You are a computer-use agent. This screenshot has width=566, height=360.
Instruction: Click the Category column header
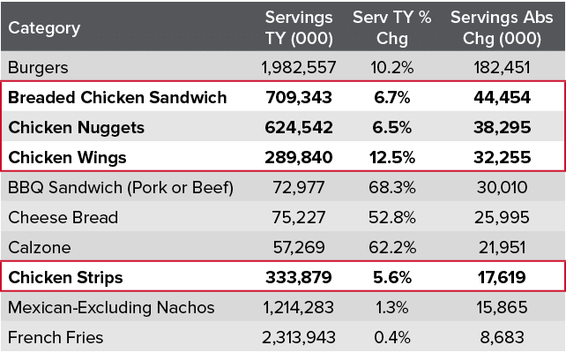tap(44, 28)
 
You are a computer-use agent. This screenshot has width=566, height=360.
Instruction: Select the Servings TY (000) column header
tap(299, 28)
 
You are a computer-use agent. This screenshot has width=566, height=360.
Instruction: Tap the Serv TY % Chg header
tap(391, 28)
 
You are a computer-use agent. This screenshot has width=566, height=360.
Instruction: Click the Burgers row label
tap(37, 67)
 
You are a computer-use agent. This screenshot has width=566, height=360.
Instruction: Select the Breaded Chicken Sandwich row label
tap(118, 97)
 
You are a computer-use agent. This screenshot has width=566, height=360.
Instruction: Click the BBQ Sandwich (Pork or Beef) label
tap(120, 187)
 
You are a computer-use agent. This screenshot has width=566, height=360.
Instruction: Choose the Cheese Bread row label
tap(63, 217)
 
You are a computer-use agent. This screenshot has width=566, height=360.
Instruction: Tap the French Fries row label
tap(55, 337)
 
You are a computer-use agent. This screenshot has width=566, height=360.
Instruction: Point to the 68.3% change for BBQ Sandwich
tap(391, 187)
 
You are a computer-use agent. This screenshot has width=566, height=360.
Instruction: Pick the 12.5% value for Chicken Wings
tap(391, 157)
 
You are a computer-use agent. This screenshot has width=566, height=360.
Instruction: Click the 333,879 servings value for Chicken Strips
tap(299, 277)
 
